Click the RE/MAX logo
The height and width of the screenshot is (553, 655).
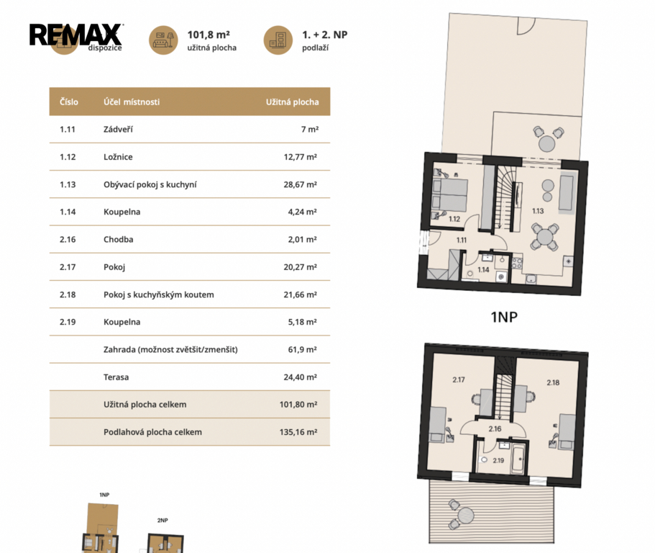click(75, 35)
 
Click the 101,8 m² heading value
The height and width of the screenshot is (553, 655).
click(209, 35)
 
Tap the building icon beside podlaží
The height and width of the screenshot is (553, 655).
click(278, 40)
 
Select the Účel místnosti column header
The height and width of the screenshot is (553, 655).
click(132, 102)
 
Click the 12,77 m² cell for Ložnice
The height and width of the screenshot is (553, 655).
click(301, 157)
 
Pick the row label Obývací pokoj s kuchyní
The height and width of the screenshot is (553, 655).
click(150, 184)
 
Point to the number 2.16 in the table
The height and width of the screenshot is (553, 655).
click(68, 239)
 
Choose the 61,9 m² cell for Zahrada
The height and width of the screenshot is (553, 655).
click(303, 350)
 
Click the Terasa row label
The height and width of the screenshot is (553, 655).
click(116, 377)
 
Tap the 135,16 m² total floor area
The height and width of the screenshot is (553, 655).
click(298, 432)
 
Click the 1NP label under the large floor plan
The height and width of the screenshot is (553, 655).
click(504, 317)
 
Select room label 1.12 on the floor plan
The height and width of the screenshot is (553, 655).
click(454, 219)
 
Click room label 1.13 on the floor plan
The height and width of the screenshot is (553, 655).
click(538, 211)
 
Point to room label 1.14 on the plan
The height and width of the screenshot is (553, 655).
click(483, 270)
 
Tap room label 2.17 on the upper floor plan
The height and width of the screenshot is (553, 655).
click(459, 379)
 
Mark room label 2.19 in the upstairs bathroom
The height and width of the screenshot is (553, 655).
click(498, 461)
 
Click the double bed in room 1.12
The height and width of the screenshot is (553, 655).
click(449, 194)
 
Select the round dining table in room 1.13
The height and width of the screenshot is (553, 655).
click(545, 237)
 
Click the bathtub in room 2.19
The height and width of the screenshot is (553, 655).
click(518, 459)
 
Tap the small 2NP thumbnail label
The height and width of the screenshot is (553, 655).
click(162, 521)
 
